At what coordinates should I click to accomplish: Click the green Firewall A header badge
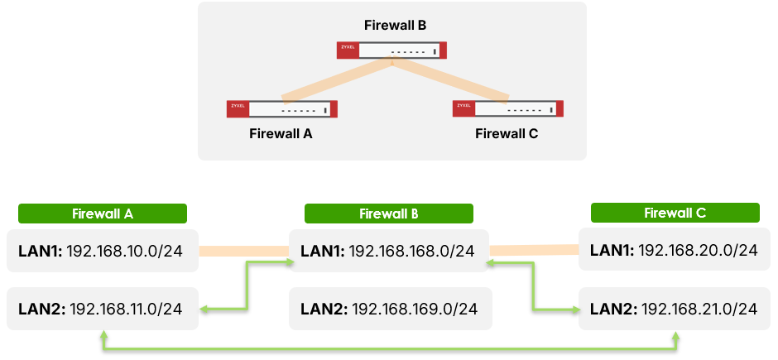tap(103, 214)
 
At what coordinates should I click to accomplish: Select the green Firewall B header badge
tap(389, 214)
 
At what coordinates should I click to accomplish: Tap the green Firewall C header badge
tap(675, 214)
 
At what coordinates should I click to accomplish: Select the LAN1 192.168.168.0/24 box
tap(389, 249)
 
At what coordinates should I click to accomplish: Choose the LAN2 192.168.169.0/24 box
tap(389, 309)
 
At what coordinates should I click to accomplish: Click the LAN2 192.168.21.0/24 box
tap(675, 309)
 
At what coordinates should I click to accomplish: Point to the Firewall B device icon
tap(391, 51)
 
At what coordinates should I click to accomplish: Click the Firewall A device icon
tap(281, 109)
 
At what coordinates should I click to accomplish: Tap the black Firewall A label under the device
tap(281, 133)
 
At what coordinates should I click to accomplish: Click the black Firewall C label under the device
tap(507, 133)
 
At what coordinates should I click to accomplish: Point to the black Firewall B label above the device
tap(396, 26)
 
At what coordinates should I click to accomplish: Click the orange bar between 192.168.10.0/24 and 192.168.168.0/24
tap(243, 249)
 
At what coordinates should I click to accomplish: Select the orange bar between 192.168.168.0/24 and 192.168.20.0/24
tap(533, 247)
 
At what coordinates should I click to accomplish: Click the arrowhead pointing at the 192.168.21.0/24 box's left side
tap(574, 310)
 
